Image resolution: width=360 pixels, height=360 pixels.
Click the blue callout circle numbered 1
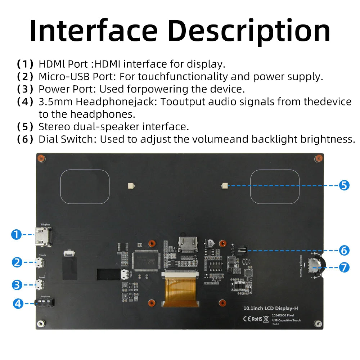[x=16, y=235]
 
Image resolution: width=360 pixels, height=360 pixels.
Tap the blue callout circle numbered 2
[x=17, y=262]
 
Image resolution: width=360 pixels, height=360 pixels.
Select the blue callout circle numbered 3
[x=17, y=285]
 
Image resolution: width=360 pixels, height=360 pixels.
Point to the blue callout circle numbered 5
[x=344, y=185]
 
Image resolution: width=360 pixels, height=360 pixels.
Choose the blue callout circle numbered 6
[x=344, y=250]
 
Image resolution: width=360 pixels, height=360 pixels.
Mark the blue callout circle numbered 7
[x=344, y=267]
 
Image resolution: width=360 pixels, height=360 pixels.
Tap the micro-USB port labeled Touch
[x=41, y=264]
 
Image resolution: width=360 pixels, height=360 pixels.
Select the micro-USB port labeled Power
[x=41, y=285]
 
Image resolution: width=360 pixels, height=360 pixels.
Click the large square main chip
[x=145, y=260]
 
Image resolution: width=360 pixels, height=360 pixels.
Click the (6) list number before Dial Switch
[x=25, y=139]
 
